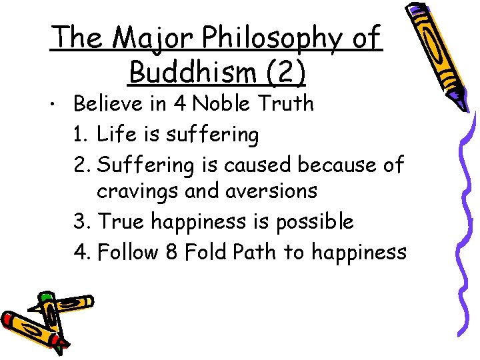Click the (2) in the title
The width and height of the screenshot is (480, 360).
tap(285, 72)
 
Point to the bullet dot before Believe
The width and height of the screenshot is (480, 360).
tap(61, 105)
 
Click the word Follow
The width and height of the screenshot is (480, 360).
tap(129, 252)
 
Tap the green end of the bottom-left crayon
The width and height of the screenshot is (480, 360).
tap(47, 297)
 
